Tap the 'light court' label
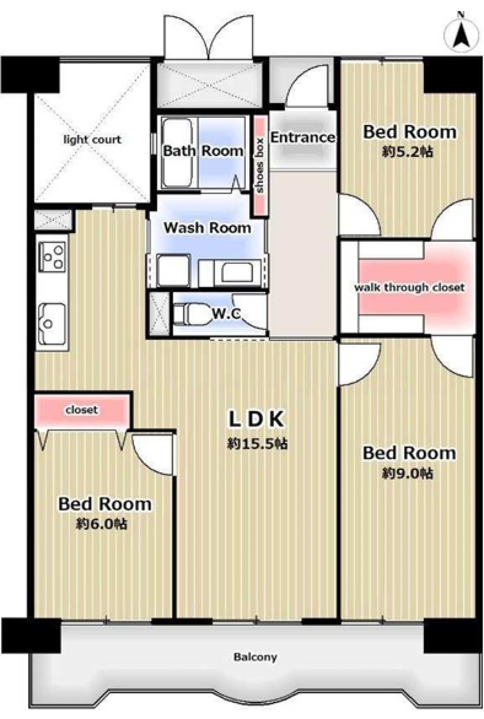click(92, 140)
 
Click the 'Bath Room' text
click(203, 151)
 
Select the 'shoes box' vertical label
click(260, 165)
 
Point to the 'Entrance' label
click(302, 137)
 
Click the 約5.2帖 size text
click(407, 152)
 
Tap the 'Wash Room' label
click(207, 228)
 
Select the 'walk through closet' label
click(409, 287)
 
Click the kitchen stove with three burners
click(52, 257)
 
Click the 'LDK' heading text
click(256, 419)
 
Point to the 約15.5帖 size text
click(257, 443)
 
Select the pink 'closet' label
click(81, 410)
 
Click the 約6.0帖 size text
click(102, 524)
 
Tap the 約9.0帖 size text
click(407, 473)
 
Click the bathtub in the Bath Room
click(177, 153)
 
